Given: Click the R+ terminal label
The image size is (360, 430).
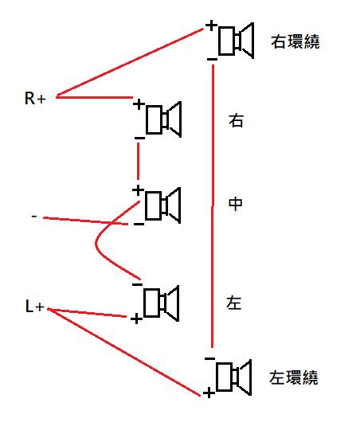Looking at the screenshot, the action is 35,98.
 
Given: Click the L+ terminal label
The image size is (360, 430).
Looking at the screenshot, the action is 34,306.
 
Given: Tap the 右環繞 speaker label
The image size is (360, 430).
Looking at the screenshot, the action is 295,42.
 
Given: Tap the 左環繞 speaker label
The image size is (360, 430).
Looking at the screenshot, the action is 294,377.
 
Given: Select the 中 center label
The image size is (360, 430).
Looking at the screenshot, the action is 236,204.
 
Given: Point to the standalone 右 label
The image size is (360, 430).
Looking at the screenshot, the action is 236,120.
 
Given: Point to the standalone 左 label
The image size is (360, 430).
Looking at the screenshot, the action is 234,303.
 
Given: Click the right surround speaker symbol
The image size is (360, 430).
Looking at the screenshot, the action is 236,41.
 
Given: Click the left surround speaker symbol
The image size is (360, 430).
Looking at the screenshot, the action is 234,377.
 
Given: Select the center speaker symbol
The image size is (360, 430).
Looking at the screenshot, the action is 162,205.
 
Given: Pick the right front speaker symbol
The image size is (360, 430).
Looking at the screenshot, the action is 164,119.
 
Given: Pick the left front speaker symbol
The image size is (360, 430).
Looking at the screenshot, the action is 162,303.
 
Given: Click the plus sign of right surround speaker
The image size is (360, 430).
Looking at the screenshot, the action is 211,25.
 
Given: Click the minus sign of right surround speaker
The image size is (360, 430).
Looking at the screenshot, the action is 212,59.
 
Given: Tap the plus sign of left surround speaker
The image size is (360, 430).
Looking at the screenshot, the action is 209,393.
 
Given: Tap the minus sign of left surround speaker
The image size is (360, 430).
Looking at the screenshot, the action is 210,358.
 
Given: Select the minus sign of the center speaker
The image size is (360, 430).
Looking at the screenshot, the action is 139,225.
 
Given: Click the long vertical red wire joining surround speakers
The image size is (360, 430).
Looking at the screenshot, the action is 213,206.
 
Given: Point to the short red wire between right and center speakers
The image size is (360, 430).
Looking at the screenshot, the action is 138,161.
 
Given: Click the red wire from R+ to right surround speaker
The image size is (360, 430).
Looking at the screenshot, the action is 130,63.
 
